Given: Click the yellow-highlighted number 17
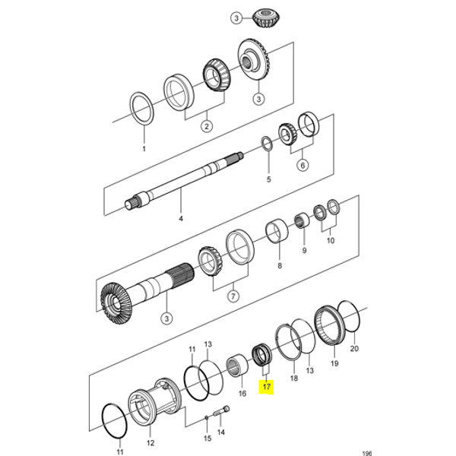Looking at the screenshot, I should [x=266, y=388].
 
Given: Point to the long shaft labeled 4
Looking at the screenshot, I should [x=181, y=182].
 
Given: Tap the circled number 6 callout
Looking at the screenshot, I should [x=301, y=164].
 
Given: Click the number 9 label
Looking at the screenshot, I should [x=305, y=250].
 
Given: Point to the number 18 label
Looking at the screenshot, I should [x=294, y=377].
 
